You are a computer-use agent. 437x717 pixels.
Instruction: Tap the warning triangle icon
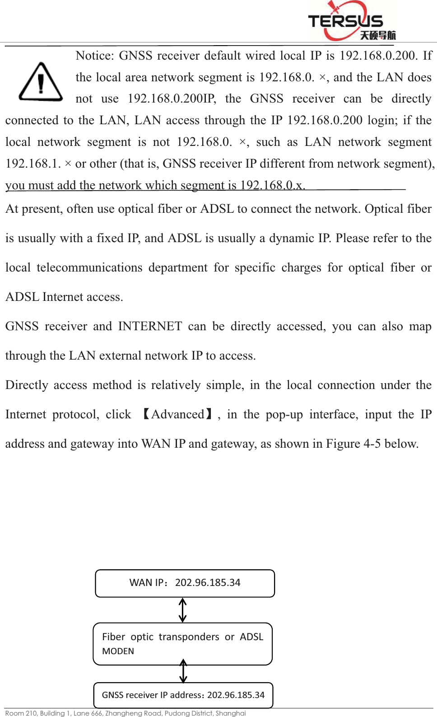tap(41, 82)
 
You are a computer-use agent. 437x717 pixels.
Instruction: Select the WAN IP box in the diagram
tap(185, 583)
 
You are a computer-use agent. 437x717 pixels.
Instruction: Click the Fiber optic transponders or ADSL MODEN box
tap(182, 643)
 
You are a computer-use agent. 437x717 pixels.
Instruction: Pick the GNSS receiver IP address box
tap(183, 695)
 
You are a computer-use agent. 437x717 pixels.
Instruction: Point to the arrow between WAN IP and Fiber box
tap(183, 610)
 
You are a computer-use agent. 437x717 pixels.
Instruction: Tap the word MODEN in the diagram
tap(118, 651)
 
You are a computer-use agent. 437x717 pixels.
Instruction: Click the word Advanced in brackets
tap(178, 414)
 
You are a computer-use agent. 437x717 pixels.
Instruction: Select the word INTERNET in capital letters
tap(150, 326)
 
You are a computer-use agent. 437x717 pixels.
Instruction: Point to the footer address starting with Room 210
tap(126, 713)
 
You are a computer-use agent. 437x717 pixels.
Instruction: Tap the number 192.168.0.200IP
tap(172, 98)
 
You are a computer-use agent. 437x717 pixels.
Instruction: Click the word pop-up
tap(284, 414)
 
